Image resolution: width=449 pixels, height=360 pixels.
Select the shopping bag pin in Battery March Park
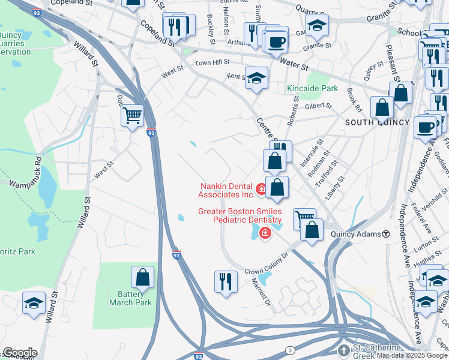(143, 277)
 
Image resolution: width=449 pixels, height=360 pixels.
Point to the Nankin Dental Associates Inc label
(226, 190)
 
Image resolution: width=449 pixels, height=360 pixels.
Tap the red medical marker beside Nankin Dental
(261, 190)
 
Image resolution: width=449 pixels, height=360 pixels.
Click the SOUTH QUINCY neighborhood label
(377, 122)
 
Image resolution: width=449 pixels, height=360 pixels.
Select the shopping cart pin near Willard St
(132, 115)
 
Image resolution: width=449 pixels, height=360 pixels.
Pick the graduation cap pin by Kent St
(257, 78)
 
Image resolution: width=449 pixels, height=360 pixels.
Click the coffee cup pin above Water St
(277, 42)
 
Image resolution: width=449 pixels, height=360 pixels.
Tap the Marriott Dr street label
(262, 289)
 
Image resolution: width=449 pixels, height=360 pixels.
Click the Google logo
(20, 353)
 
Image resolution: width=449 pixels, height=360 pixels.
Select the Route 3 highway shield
(290, 350)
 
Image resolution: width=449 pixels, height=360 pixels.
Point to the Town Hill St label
(212, 62)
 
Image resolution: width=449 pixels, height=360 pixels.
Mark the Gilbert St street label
(318, 106)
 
